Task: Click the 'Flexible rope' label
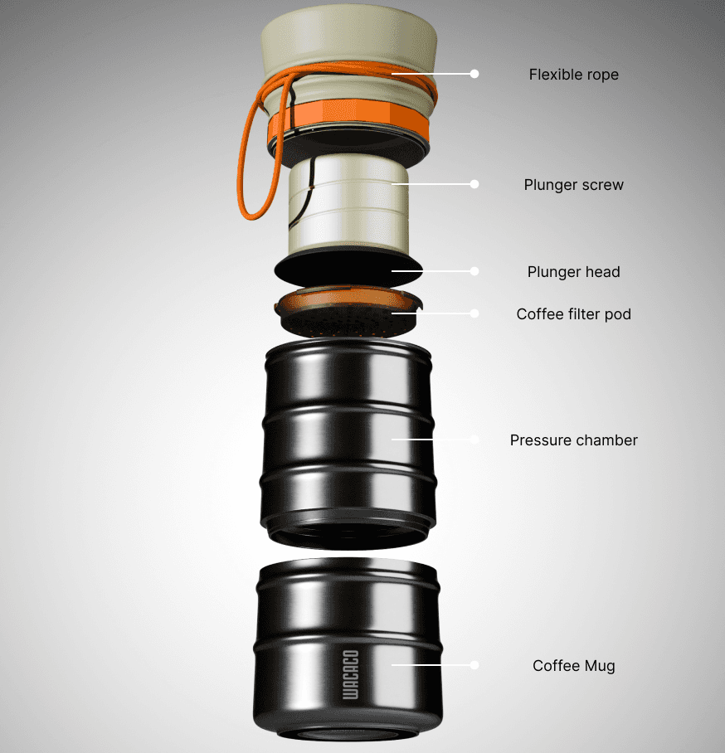click(x=574, y=75)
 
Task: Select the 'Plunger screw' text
click(x=574, y=185)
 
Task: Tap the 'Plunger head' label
click(x=574, y=272)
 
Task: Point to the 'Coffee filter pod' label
click(x=574, y=314)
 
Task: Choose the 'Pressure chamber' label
click(x=574, y=440)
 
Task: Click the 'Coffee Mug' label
click(x=574, y=666)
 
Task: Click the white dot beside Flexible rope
click(x=474, y=74)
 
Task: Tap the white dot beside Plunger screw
click(x=474, y=184)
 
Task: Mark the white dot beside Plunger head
click(x=474, y=271)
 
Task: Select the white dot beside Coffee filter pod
click(x=474, y=313)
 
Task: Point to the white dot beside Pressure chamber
click(x=474, y=440)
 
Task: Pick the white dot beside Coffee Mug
click(x=474, y=665)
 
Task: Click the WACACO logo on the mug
click(x=350, y=675)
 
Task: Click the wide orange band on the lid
click(x=348, y=117)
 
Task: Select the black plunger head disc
click(x=348, y=270)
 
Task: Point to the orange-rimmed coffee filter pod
click(x=348, y=312)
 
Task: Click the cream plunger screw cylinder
click(x=348, y=206)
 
